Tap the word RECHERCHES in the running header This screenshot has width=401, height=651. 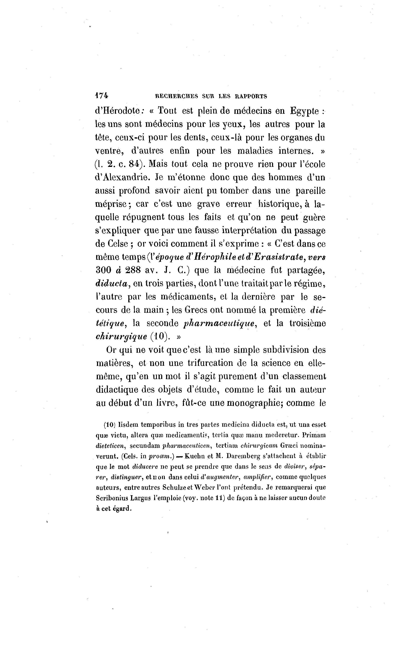(176, 96)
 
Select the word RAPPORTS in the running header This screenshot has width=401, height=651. (251, 96)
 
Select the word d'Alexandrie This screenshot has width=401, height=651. (121, 178)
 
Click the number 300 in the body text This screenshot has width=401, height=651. (103, 270)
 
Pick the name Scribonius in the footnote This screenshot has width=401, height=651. (111, 498)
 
